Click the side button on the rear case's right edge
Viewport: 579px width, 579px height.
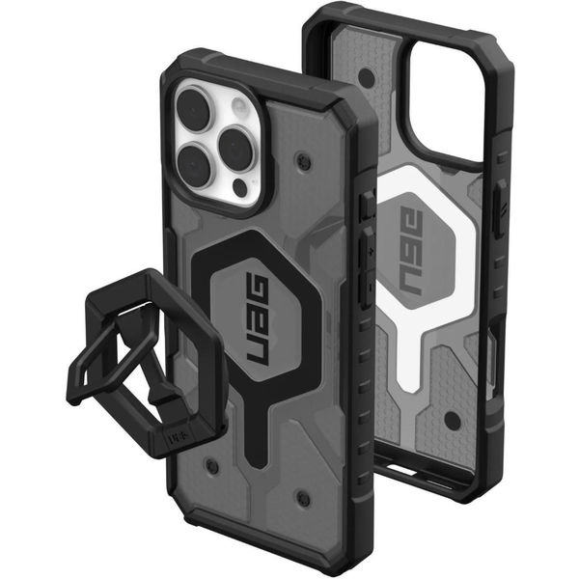(499, 207)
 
